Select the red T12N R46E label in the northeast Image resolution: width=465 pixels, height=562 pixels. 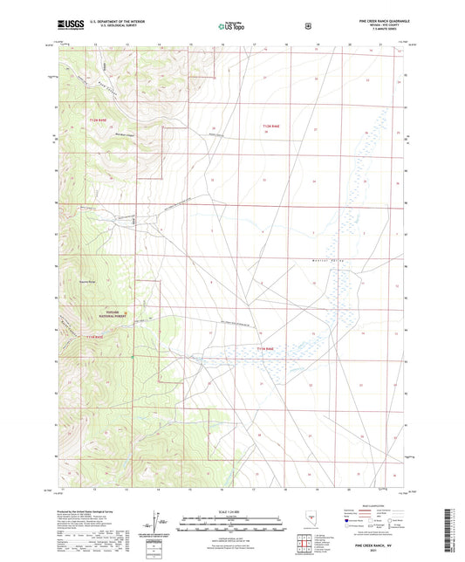[x=271, y=127]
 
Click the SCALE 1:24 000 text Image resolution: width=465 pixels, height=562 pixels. [x=232, y=511]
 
